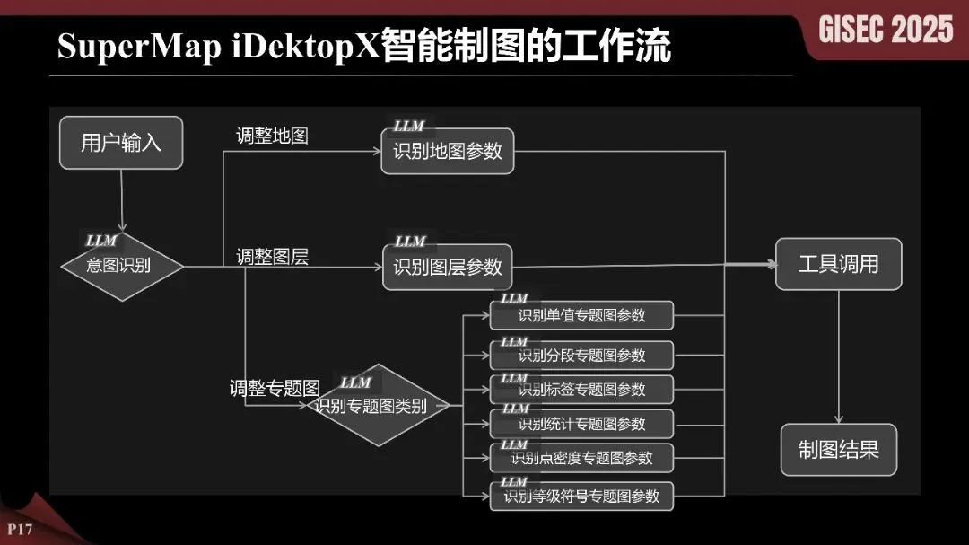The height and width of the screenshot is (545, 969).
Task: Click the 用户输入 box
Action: point(121,143)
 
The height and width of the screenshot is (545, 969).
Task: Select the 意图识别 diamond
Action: point(122,267)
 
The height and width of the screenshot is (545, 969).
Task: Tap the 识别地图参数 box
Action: point(448,151)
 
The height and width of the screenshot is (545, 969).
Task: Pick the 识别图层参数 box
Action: point(448,267)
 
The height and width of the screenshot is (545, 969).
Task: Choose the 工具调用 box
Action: point(838,264)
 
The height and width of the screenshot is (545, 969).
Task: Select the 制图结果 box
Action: point(838,450)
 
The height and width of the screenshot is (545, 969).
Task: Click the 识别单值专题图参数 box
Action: point(581,316)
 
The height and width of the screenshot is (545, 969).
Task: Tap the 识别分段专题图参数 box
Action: point(581,355)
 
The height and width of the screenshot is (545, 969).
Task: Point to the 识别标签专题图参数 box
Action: point(581,390)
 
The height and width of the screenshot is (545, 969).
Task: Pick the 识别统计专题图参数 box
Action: point(581,424)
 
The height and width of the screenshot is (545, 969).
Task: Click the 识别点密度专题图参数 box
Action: point(581,458)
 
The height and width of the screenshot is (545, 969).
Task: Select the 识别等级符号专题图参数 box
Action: point(581,496)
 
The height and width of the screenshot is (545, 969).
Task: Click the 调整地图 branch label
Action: point(273,136)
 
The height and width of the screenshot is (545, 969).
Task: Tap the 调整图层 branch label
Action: point(273,257)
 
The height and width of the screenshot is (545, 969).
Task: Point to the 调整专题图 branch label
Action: point(275,390)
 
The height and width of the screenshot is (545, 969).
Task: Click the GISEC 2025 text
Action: point(886,30)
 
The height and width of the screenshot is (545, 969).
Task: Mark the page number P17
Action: point(20,529)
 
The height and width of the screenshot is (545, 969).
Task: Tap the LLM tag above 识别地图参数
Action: point(408,127)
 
